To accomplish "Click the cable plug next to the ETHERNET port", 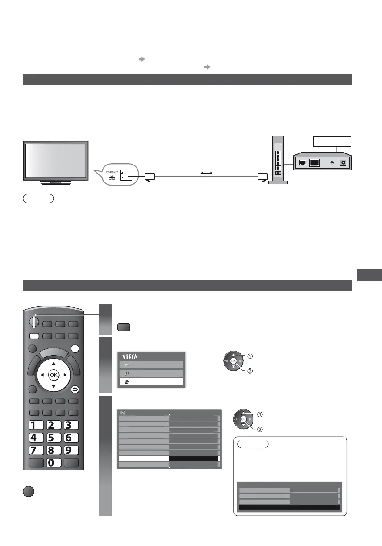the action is click(149, 177).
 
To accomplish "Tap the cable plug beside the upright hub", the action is click(262, 177).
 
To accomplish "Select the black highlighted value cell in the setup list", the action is click(194, 458).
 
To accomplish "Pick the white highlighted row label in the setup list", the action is click(143, 458).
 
